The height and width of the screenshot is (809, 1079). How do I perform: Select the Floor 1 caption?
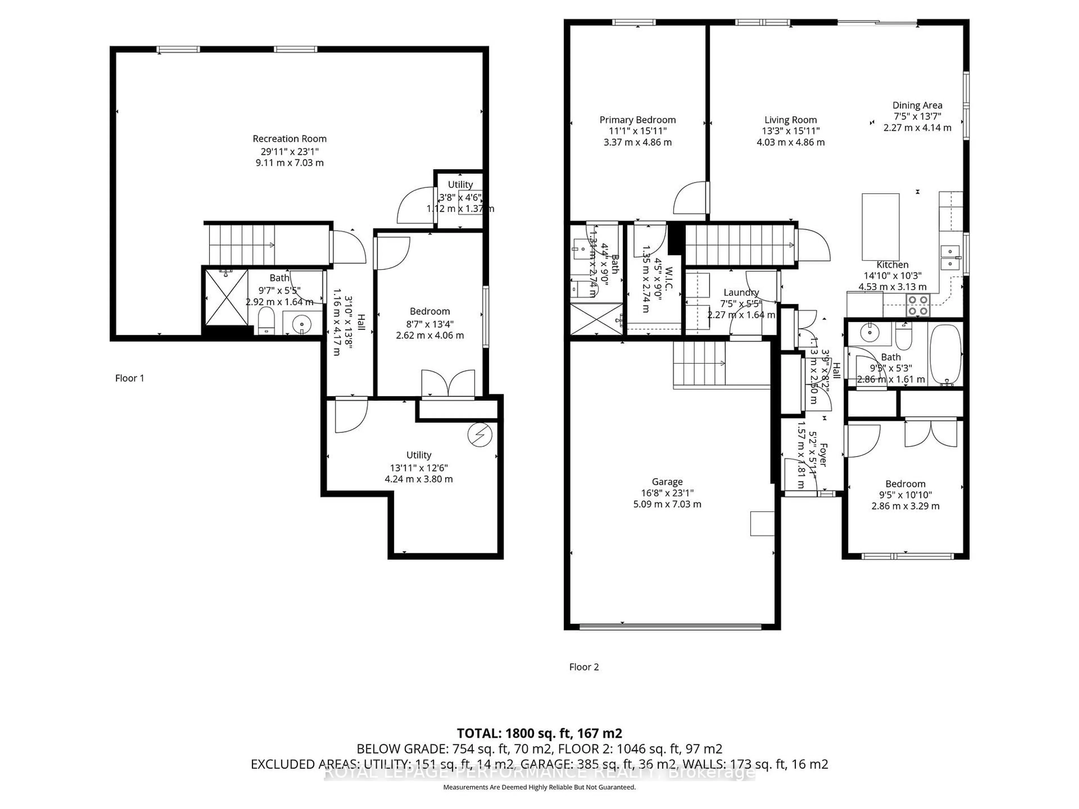[129, 378]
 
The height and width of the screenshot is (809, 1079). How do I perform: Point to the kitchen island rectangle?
[880, 227]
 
